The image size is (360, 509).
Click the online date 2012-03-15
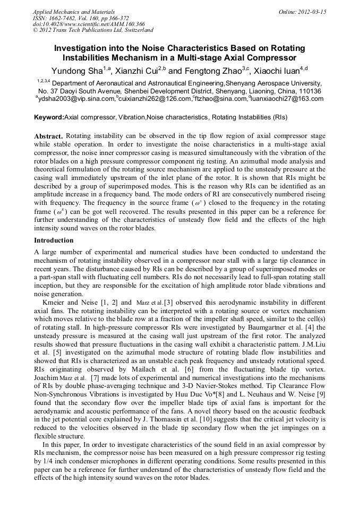tap(314, 12)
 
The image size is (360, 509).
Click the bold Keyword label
tap(48, 117)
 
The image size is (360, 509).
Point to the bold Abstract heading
tap(48, 136)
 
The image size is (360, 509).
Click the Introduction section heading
tap(54, 240)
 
